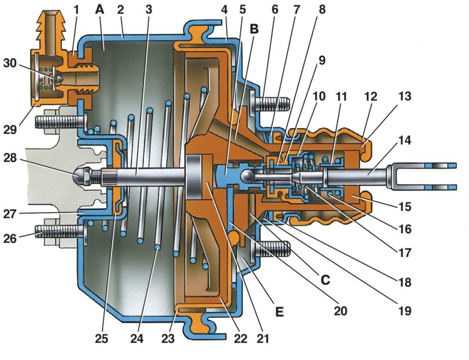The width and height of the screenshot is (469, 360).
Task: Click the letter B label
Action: point(254,29)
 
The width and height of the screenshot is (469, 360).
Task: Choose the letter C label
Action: point(325,280)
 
